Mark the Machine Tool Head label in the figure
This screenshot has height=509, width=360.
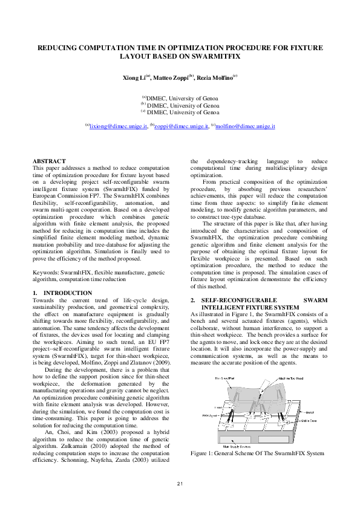click(x=293, y=378)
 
